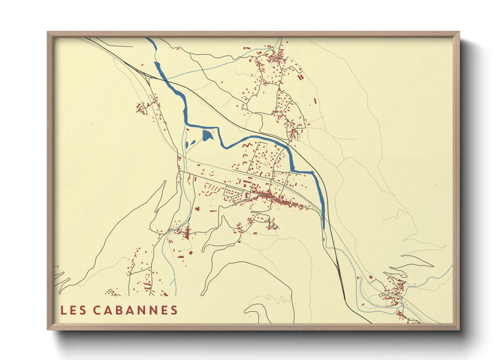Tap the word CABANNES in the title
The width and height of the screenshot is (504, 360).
(x=136, y=310)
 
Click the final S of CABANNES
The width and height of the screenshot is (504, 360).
(x=174, y=310)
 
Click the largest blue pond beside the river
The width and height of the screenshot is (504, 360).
(x=207, y=135)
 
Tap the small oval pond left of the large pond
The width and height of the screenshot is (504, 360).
(x=187, y=145)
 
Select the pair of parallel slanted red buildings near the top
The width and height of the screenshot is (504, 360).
(x=300, y=77)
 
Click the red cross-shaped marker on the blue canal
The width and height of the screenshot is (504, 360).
(x=358, y=278)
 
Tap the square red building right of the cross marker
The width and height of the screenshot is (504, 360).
(x=371, y=277)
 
